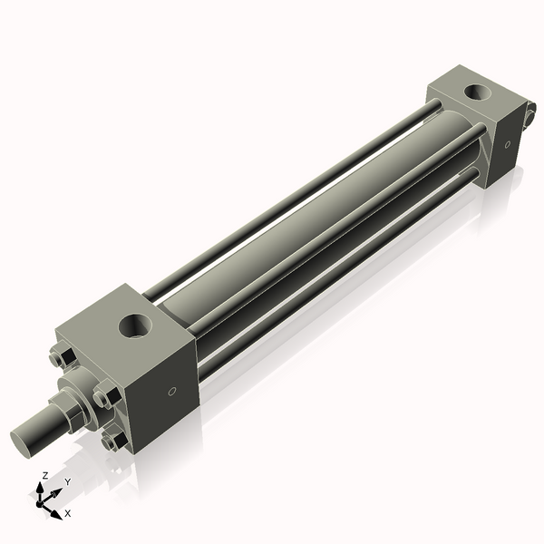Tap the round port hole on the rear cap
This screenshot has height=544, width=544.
[475, 92]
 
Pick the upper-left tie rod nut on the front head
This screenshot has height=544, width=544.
[61, 359]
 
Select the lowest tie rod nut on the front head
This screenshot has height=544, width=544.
[113, 441]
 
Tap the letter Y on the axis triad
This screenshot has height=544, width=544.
[68, 481]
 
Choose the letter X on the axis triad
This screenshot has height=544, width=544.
[67, 513]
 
